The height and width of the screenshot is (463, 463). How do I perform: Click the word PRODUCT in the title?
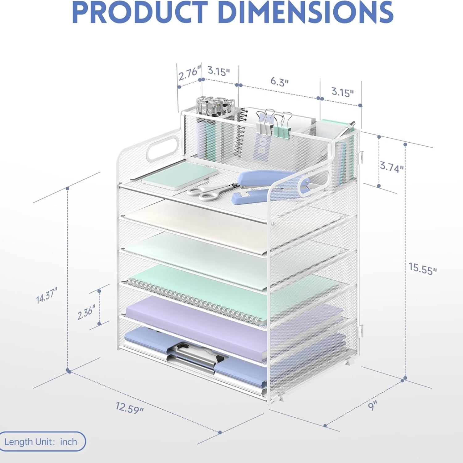(x=139, y=12)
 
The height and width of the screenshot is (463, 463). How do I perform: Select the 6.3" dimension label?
(x=279, y=82)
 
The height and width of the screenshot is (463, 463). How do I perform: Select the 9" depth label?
(x=373, y=405)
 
